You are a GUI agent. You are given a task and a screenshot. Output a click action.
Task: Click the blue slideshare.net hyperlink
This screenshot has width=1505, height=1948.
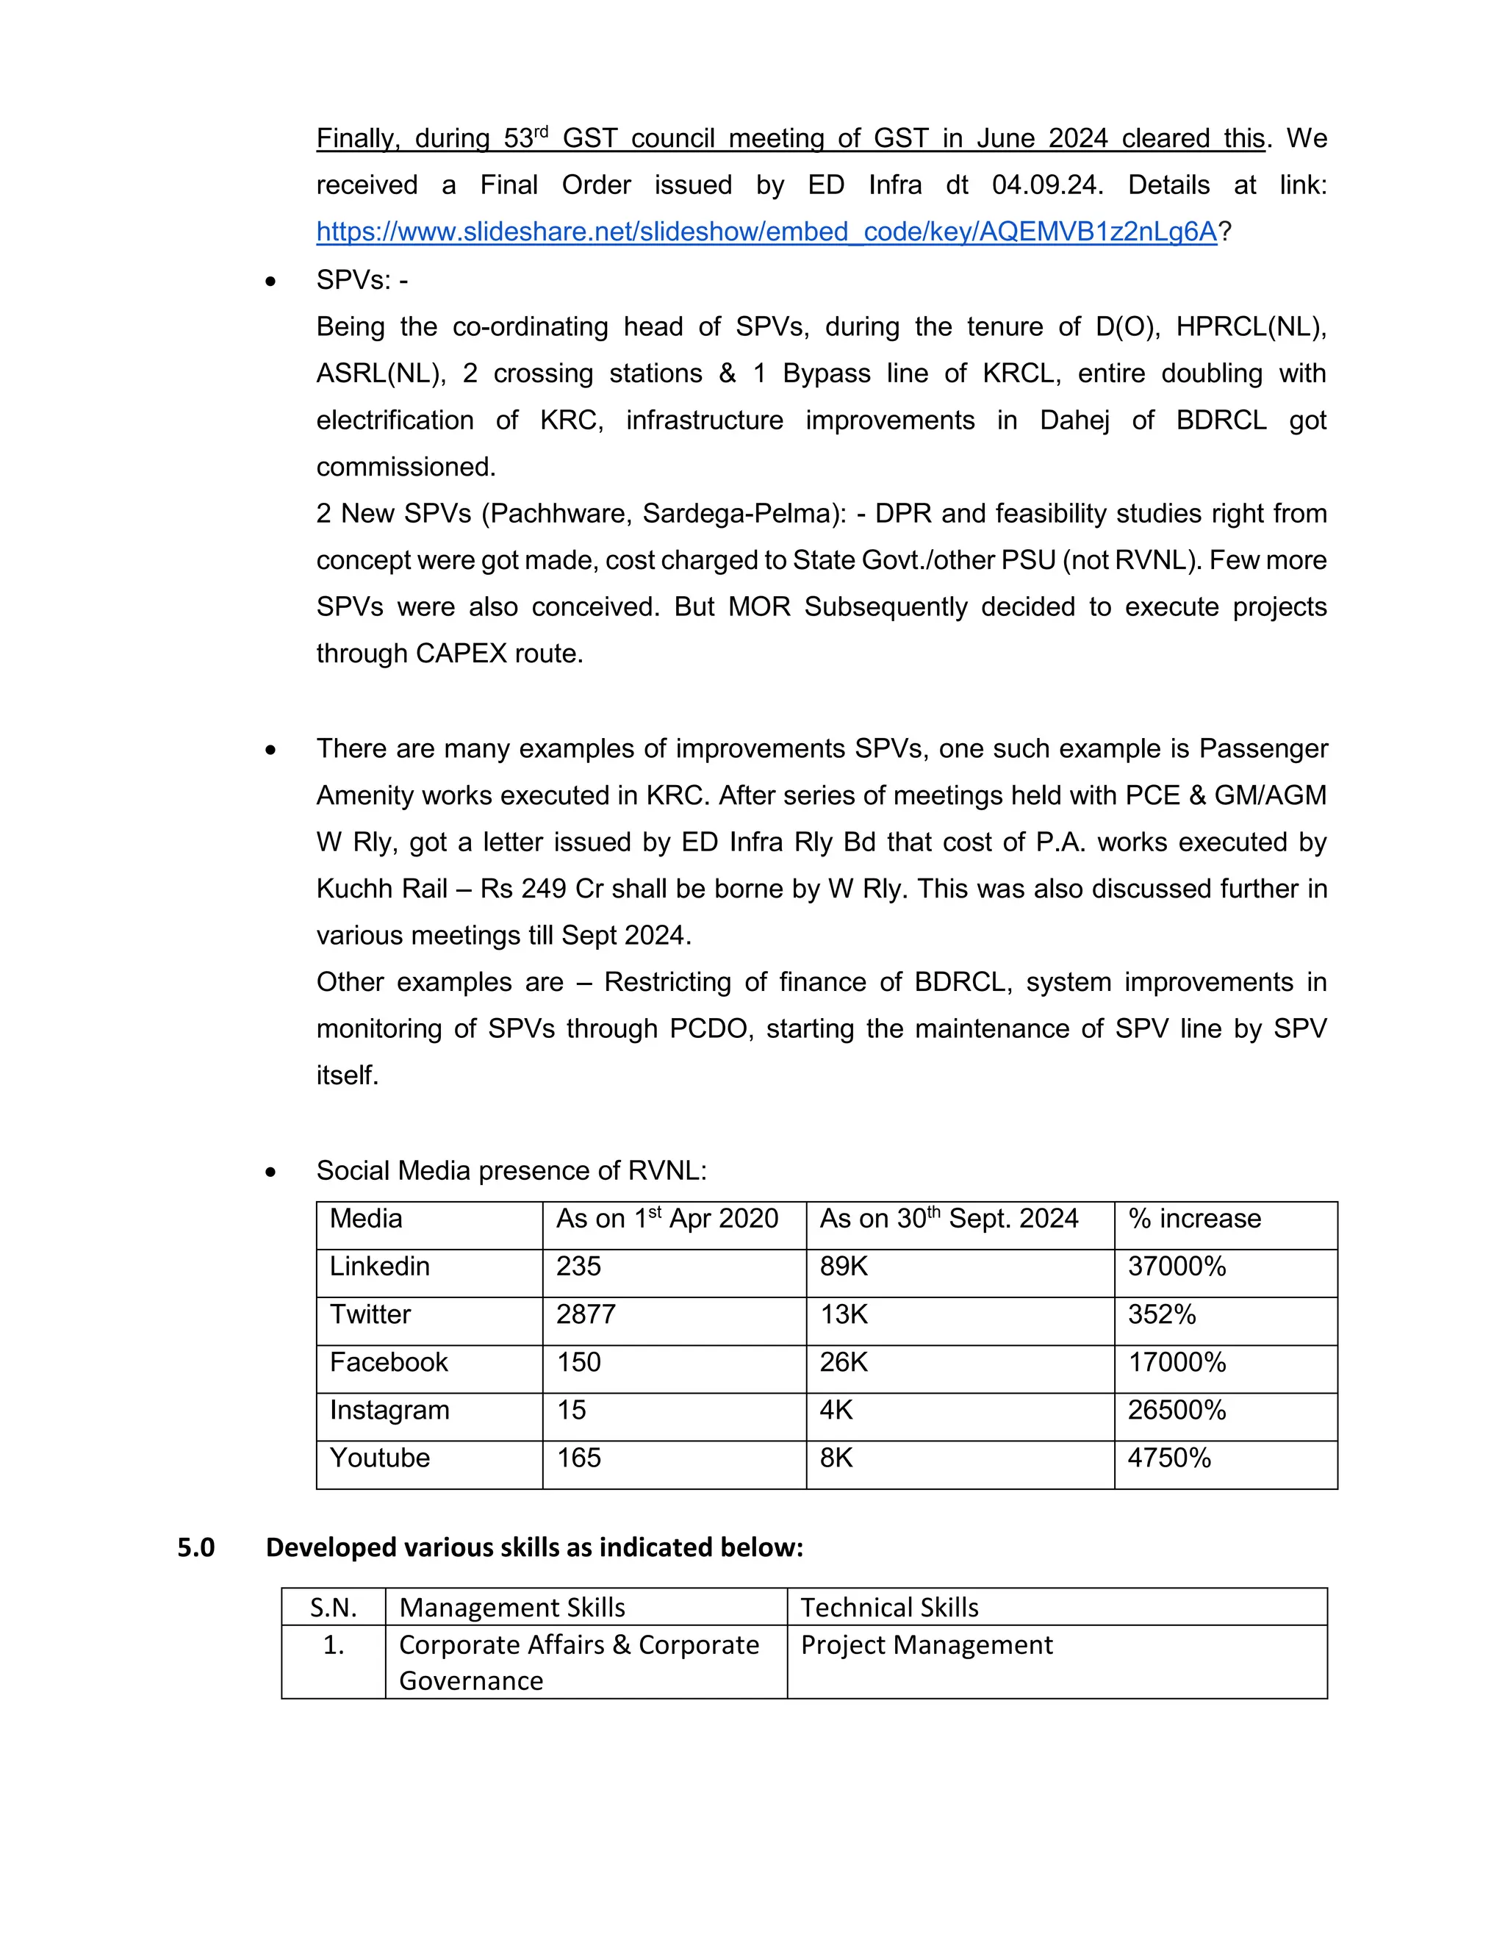(x=766, y=232)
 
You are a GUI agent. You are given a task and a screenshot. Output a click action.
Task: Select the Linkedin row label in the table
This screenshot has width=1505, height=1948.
(x=380, y=1267)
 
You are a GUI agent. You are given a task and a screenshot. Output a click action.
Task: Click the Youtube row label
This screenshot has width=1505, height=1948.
(x=380, y=1458)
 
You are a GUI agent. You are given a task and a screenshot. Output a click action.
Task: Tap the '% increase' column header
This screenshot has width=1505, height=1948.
(x=1194, y=1220)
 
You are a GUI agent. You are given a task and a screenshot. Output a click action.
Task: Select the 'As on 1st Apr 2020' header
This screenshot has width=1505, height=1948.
(x=667, y=1220)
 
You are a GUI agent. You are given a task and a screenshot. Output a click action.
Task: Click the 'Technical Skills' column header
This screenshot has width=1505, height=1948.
(x=889, y=1607)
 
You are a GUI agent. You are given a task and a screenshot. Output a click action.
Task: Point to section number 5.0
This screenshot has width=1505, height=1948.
(x=196, y=1547)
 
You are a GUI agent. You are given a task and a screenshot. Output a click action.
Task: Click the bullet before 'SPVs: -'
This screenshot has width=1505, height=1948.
(x=271, y=282)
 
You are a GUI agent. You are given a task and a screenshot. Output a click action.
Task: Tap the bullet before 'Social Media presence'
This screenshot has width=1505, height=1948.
(x=271, y=1172)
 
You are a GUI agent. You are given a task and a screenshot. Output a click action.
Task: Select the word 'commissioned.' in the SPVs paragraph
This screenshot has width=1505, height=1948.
(x=406, y=468)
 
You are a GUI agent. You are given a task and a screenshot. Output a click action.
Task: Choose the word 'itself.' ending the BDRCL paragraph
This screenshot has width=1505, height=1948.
(x=347, y=1075)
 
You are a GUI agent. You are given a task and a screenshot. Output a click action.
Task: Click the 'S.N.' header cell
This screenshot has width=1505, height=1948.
(x=334, y=1607)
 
